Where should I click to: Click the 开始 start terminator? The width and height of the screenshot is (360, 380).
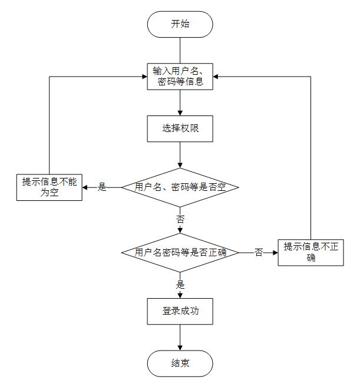180,24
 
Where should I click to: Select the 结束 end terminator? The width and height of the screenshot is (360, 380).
180,363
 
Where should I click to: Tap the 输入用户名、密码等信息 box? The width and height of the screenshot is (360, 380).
180,77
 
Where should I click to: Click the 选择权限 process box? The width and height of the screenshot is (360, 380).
180,128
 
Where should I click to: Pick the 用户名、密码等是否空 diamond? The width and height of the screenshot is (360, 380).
180,187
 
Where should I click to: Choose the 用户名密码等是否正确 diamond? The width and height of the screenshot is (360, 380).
180,253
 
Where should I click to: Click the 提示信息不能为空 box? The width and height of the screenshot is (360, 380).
49,187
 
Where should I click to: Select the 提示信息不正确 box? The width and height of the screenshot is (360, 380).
311,252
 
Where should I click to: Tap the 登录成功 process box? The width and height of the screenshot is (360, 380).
180,311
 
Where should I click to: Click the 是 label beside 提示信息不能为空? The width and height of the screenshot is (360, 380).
101,187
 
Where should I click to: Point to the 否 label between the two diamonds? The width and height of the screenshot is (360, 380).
180,219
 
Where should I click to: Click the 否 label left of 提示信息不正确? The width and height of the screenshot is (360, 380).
258,253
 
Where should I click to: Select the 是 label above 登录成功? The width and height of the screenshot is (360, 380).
180,284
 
